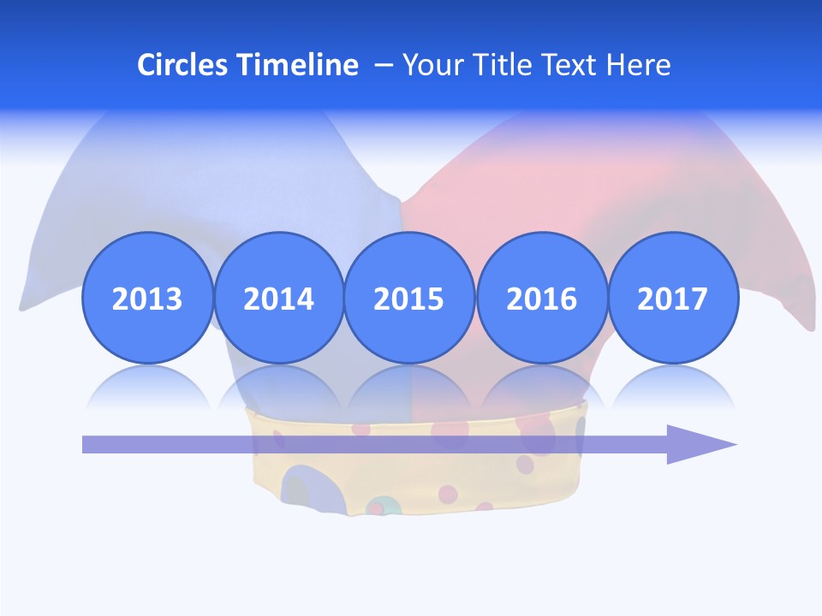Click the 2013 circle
(x=147, y=298)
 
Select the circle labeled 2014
(x=278, y=298)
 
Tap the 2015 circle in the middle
(x=409, y=298)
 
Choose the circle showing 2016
(x=541, y=298)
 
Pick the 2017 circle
(x=672, y=298)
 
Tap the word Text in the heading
(x=571, y=65)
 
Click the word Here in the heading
(x=638, y=65)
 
